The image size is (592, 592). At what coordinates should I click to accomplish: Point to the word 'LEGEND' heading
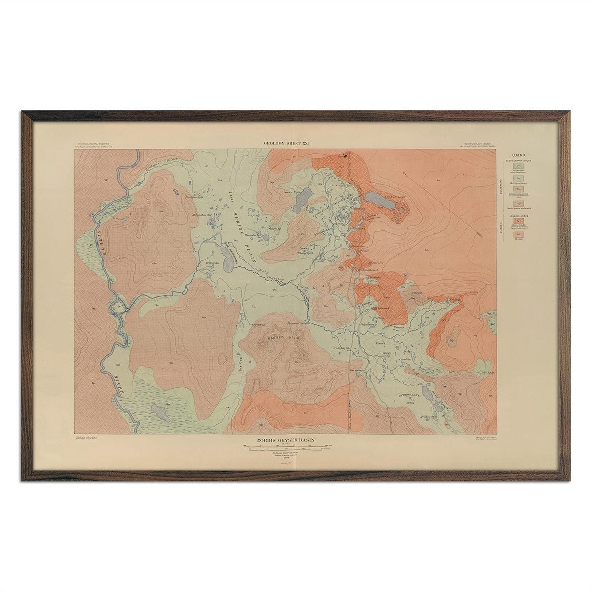point(518,155)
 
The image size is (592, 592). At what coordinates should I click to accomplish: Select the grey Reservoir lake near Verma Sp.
point(228,259)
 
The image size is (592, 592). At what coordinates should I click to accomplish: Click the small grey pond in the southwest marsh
point(156,410)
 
